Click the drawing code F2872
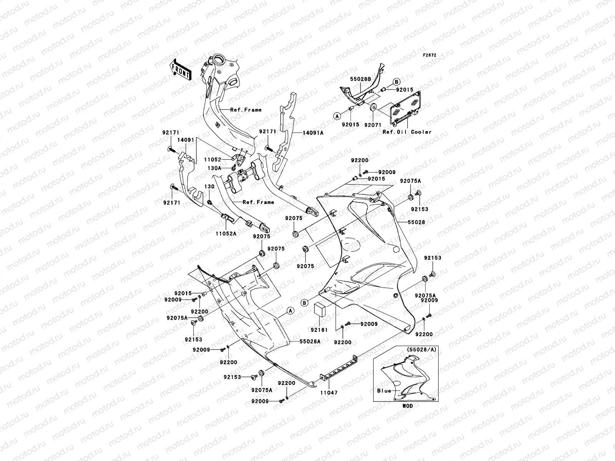430,55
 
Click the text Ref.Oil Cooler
407,132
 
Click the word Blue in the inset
384,391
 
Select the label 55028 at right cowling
417,222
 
